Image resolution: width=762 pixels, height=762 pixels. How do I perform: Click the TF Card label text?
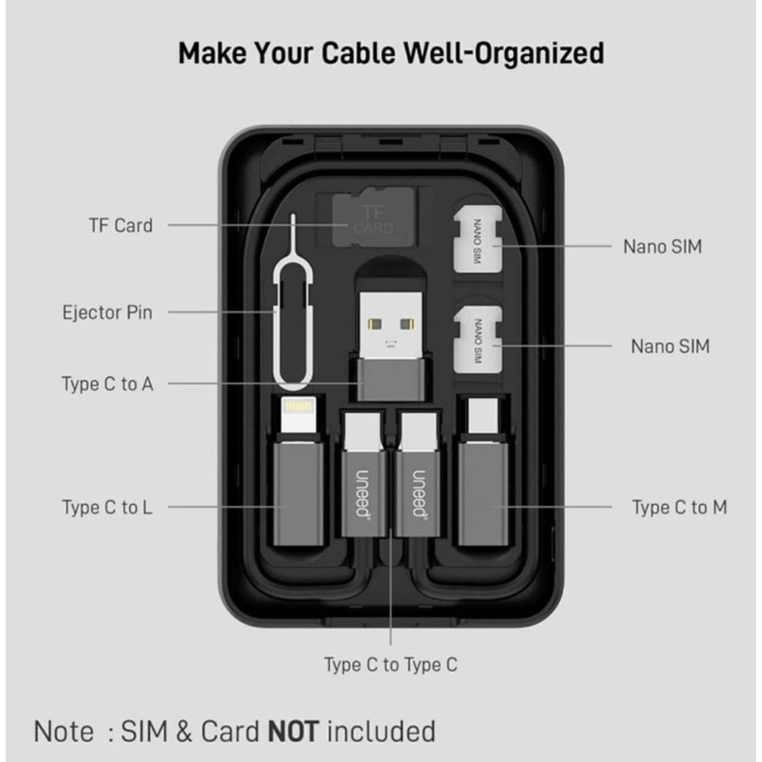point(121,225)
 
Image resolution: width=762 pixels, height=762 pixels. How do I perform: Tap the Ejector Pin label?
point(107,312)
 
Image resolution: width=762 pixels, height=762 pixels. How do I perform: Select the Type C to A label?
point(107,384)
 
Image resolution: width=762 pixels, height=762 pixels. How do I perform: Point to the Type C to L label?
point(107,508)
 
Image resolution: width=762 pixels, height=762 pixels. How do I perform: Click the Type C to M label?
point(680,508)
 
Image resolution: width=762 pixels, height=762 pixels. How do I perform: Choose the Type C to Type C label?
point(391,664)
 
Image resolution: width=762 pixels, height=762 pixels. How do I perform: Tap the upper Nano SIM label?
point(662,247)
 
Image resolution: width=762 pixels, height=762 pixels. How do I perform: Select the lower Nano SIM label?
point(670,346)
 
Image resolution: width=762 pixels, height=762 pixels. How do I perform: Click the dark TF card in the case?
point(373,218)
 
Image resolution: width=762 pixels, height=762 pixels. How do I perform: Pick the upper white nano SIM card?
point(478,239)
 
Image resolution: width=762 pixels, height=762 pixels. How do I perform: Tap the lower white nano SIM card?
point(478,339)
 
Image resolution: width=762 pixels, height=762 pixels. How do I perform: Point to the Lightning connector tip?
point(299,415)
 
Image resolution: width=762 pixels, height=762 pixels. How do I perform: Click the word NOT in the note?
point(294,731)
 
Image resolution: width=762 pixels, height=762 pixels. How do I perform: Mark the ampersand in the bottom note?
point(184,731)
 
